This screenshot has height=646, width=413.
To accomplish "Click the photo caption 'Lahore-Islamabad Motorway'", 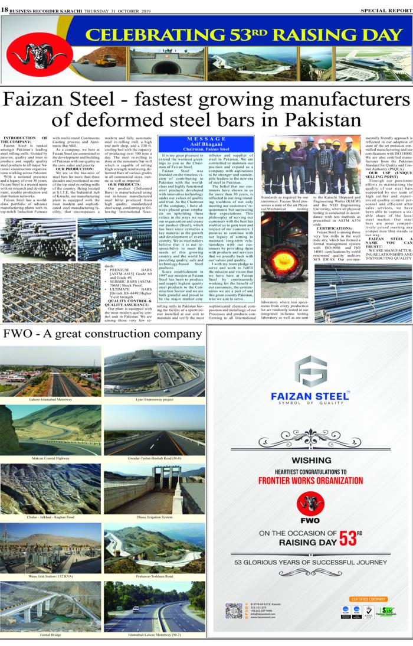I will [x=51, y=400].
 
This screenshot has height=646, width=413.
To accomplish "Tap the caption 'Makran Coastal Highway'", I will [x=51, y=458].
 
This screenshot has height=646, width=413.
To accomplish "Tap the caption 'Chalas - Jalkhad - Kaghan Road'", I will [x=51, y=517].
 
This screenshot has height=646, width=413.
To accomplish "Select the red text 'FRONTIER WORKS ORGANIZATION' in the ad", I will [x=310, y=480].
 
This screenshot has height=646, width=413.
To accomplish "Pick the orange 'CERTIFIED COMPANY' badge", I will [x=368, y=599].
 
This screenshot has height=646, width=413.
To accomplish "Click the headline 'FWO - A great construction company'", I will [x=94, y=334].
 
